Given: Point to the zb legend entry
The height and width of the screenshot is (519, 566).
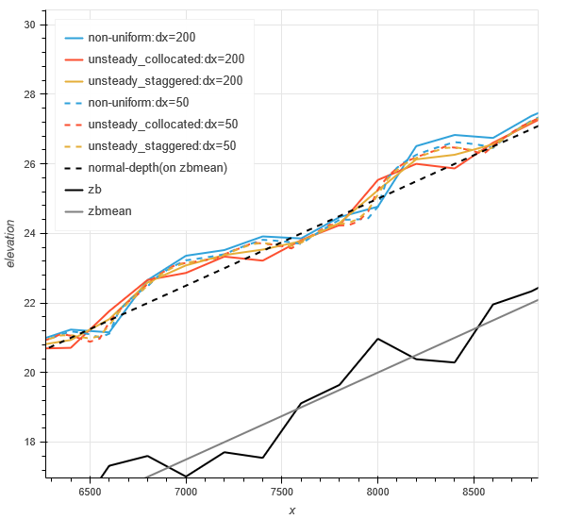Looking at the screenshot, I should [x=95, y=190].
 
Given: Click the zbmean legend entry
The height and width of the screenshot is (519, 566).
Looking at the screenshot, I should [x=109, y=211].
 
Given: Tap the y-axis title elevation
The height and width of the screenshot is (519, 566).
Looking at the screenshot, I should [x=10, y=243].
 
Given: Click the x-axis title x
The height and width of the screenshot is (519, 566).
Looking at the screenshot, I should [x=291, y=510].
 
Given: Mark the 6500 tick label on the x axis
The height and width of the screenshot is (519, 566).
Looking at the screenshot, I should [x=90, y=492].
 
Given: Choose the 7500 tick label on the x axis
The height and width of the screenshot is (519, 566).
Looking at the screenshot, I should [x=282, y=492].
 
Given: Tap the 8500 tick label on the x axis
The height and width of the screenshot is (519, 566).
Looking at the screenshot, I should [x=474, y=492].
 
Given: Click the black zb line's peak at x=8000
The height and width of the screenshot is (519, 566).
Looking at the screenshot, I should [x=377, y=338].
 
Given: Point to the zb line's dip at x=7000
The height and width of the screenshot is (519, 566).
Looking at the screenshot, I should [x=186, y=477].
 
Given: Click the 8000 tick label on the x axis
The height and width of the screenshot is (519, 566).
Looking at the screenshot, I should [x=377, y=492].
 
